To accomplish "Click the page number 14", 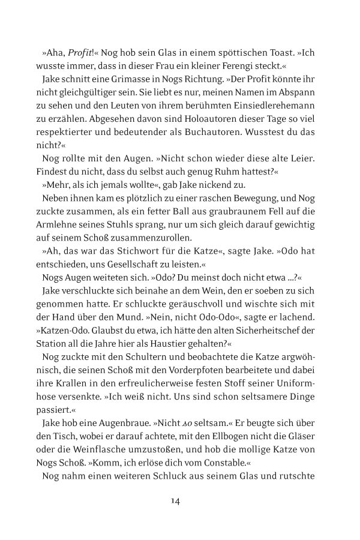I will [176, 501].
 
